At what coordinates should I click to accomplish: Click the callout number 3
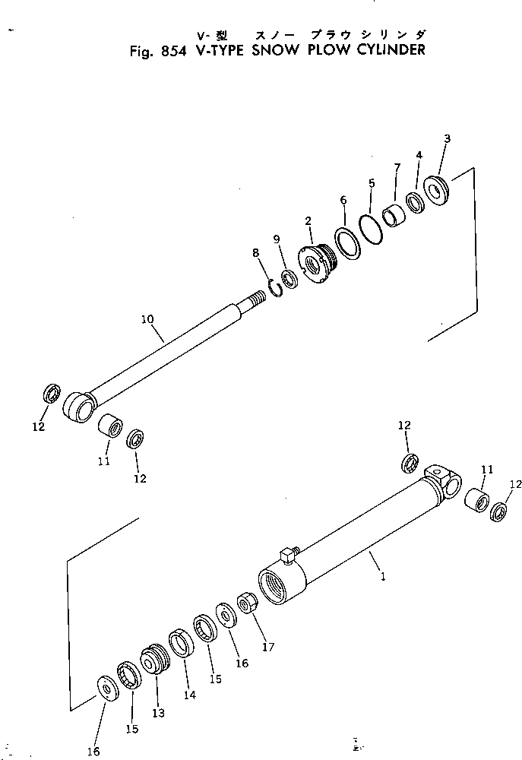pyautogui.click(x=447, y=139)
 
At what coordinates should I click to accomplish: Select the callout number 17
pyautogui.click(x=267, y=648)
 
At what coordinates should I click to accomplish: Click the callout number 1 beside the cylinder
pyautogui.click(x=383, y=577)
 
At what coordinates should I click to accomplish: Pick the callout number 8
pyautogui.click(x=255, y=253)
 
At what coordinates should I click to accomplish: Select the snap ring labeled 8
pyautogui.click(x=275, y=288)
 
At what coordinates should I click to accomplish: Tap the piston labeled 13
pyautogui.click(x=153, y=659)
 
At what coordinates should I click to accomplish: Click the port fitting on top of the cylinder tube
pyautogui.click(x=288, y=556)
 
